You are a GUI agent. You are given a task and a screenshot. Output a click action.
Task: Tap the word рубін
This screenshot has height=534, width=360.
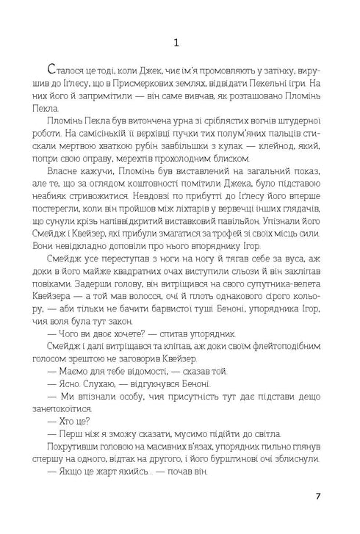tap(159, 147)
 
